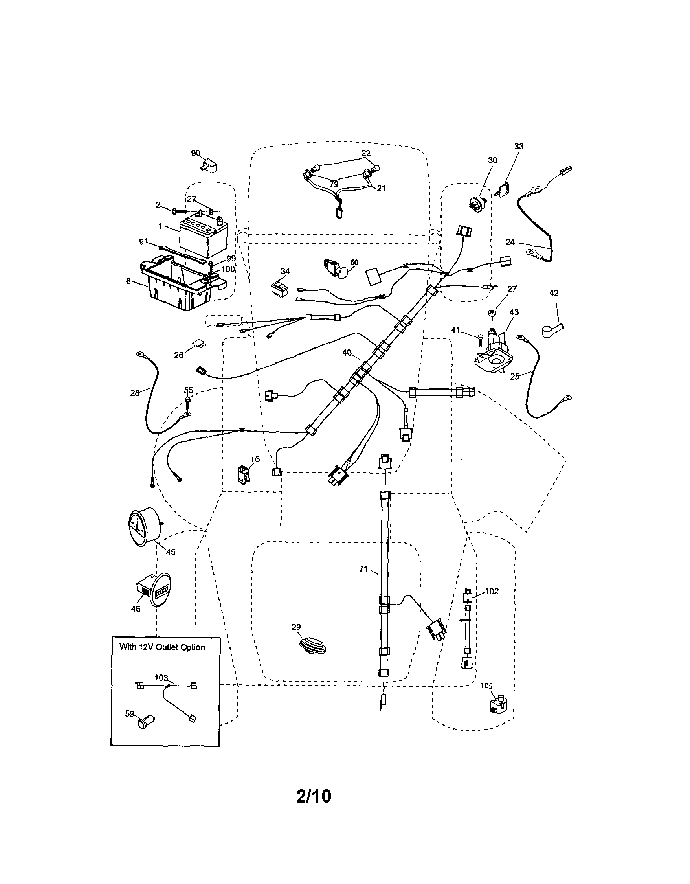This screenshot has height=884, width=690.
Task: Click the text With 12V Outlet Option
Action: coord(162,647)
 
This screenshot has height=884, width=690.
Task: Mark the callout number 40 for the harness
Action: coord(347,353)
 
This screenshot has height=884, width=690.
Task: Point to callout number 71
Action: coord(363,569)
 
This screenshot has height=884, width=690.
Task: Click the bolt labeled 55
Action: coord(188,401)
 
